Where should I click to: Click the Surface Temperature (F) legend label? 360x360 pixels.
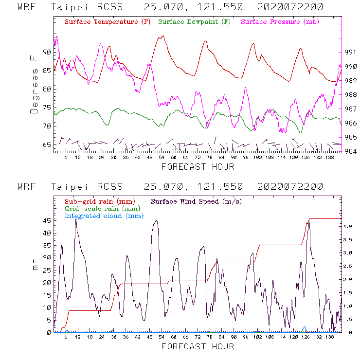pos(108,22)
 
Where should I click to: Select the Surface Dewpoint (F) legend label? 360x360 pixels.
pos(194,22)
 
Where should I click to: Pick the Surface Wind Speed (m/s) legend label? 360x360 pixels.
pos(197,201)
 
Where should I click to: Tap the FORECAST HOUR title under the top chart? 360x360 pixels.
pos(198,167)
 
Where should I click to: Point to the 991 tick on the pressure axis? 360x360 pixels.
pos(351,52)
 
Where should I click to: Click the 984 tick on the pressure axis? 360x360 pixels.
pos(351,151)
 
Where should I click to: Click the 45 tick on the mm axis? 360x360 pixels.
pos(48,220)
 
